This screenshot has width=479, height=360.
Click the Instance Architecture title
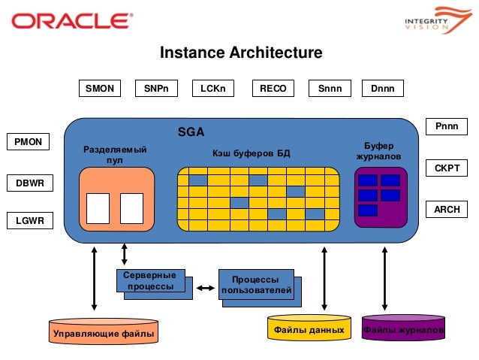tap(241, 53)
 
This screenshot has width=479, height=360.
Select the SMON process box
tap(100, 89)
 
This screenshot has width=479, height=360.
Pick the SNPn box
tap(156, 89)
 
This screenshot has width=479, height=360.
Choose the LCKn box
tap(213, 89)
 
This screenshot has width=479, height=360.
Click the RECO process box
tap(273, 89)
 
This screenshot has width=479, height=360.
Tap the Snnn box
tap(330, 89)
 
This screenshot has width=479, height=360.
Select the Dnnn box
tap(383, 89)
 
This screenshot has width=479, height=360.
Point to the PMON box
tap(29, 141)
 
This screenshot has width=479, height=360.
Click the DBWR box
tap(29, 182)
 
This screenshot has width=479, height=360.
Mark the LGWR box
tap(29, 220)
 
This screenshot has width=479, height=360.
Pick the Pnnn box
tap(447, 127)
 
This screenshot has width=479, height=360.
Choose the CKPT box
tap(447, 168)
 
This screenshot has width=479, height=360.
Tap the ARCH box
tap(447, 210)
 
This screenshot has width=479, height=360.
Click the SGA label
tap(191, 132)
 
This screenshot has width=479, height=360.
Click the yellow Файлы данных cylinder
tap(309, 329)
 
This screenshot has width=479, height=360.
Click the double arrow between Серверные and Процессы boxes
tap(203, 286)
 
